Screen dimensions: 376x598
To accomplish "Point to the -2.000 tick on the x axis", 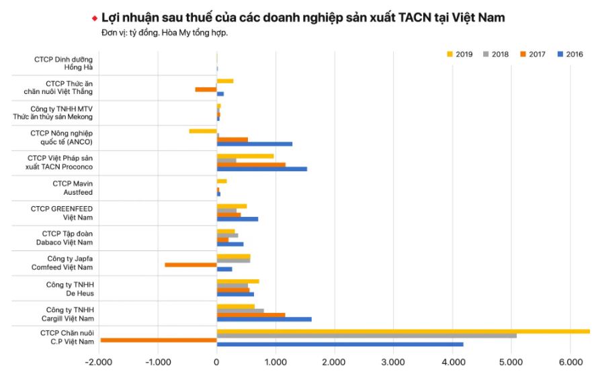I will click(99, 363).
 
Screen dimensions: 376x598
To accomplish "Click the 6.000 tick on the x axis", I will click(570, 363).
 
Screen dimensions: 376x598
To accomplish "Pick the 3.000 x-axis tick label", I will click(393, 363).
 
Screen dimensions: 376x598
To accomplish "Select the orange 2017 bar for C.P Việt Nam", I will click(159, 340).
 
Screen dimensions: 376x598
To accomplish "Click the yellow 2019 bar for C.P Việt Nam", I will click(403, 331).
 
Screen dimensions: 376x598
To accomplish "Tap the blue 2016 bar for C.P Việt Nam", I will click(340, 344).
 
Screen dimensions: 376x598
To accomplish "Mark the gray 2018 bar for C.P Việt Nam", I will click(366, 335).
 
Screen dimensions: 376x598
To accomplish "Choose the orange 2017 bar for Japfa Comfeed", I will click(191, 265).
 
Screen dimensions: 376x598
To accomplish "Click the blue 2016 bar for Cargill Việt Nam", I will click(264, 319).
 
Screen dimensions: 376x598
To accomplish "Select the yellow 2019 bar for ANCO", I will click(203, 131).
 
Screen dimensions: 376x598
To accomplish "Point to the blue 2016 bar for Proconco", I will click(262, 169).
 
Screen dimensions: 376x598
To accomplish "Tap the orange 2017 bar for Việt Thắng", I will click(206, 89).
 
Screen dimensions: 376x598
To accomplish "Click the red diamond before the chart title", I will click(95, 17).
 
